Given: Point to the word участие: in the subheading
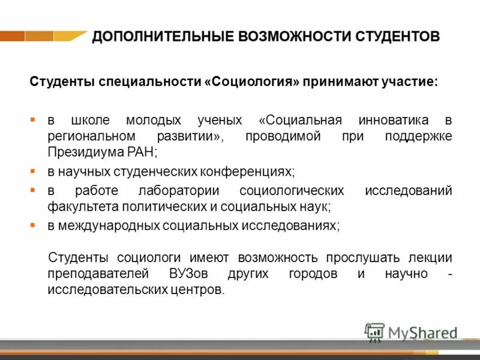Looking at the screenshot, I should click(x=410, y=81).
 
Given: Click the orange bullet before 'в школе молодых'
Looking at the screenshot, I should click(x=34, y=119).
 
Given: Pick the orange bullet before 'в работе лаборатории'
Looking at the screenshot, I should click(x=34, y=190).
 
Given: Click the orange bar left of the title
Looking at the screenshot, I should click(x=42, y=36).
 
